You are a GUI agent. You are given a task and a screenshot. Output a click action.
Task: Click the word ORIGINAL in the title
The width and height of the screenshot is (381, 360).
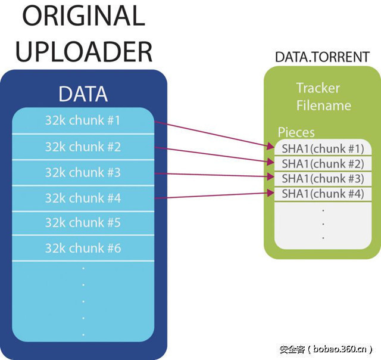(x=80, y=15)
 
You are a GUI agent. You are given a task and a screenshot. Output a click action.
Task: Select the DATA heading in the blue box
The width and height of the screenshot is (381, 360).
(x=83, y=94)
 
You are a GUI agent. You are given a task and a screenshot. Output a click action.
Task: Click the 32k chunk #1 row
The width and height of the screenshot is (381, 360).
(x=83, y=120)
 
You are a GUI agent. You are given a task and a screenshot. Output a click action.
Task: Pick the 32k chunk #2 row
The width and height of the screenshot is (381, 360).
(x=83, y=147)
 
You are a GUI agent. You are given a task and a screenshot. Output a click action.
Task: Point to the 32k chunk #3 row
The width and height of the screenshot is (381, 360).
(x=83, y=173)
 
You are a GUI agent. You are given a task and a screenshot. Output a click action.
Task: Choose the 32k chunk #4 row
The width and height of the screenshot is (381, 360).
(x=83, y=198)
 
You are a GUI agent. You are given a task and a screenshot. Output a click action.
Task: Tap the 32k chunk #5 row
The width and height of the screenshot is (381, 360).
(x=83, y=223)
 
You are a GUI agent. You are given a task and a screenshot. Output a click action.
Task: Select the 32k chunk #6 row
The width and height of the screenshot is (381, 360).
(x=83, y=248)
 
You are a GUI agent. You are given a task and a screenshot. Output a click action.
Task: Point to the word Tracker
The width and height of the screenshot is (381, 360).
(x=318, y=88)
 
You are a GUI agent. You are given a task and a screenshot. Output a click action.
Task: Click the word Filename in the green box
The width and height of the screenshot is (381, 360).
(x=323, y=105)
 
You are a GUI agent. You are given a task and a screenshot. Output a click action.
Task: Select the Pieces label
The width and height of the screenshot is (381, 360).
(x=296, y=132)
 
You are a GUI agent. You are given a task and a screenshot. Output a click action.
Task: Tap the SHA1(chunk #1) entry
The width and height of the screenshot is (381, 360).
(x=322, y=148)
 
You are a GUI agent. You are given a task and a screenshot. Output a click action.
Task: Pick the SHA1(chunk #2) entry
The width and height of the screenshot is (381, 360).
(x=322, y=163)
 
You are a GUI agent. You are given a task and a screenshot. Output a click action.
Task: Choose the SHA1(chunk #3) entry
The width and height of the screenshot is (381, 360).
(x=322, y=178)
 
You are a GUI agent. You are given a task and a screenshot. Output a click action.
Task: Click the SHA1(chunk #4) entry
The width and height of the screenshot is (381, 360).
(x=322, y=193)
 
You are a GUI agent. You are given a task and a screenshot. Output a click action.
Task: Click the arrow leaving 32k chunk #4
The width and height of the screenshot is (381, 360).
(x=214, y=195)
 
